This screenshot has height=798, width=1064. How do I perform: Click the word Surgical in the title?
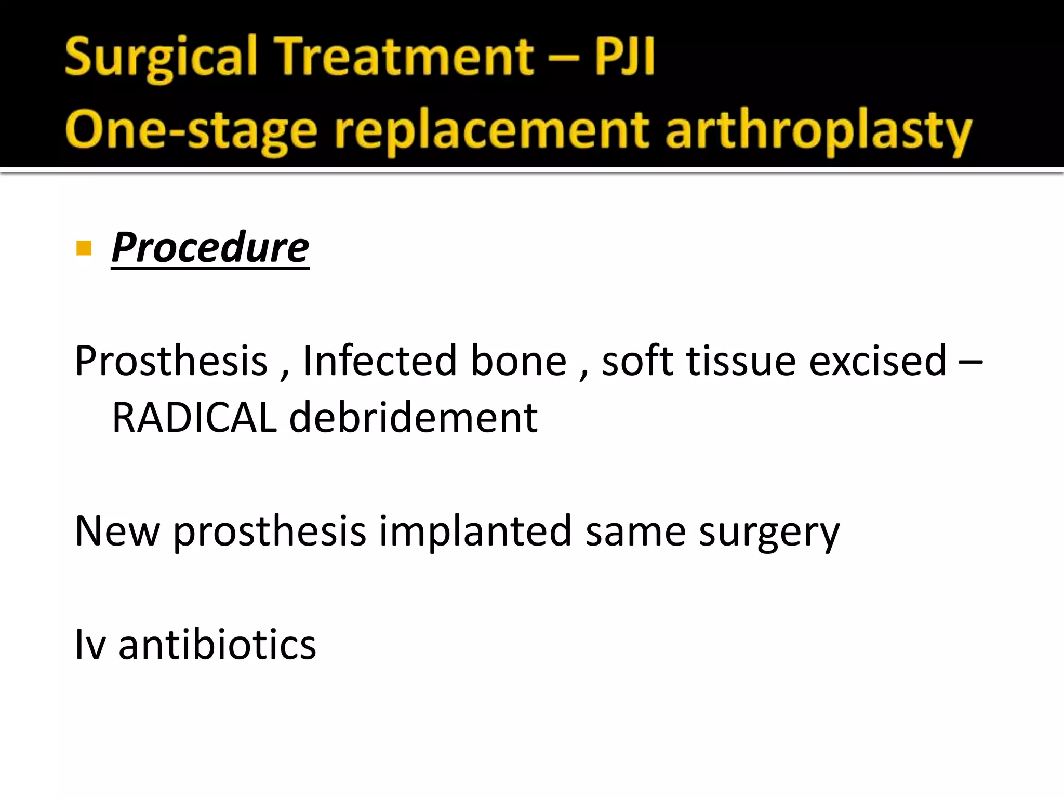pos(161,57)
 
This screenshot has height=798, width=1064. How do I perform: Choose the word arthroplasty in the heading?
pos(818,130)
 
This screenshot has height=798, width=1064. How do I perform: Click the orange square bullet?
pos(84,248)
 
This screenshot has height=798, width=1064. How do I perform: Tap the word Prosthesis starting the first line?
pos(171,361)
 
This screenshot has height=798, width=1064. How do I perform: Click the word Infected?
pos(380,361)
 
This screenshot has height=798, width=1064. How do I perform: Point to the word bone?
pos(518,361)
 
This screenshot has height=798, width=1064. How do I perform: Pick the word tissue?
pos(741,361)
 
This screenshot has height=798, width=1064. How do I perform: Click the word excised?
pos(877,361)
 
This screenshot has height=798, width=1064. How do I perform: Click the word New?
pos(117,531)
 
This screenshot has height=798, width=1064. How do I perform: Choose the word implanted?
pos(475,531)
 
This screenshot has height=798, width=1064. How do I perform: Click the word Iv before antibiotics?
pos(90,644)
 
